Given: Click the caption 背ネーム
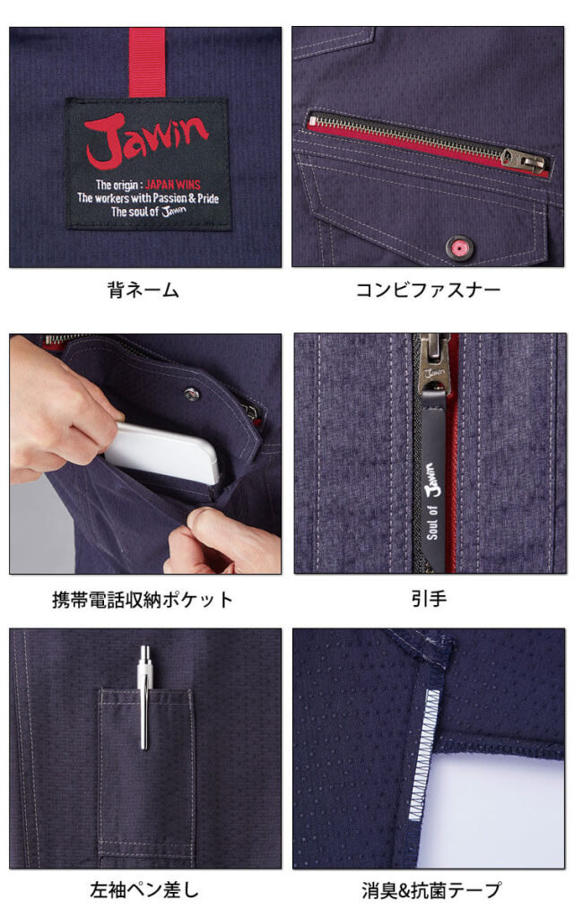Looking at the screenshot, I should [143, 290].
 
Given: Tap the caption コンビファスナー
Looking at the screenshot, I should [428, 290].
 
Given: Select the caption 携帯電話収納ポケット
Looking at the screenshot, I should [143, 600].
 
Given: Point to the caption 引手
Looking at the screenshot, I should [428, 600].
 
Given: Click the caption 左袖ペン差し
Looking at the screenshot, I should [143, 890].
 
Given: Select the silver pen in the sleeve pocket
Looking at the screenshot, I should [144, 698].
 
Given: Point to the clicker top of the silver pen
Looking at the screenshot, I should [144, 653].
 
